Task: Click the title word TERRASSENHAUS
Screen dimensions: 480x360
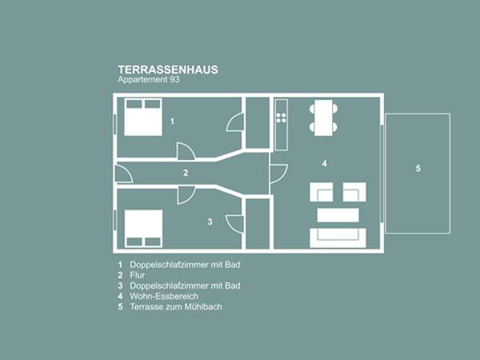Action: coord(168,70)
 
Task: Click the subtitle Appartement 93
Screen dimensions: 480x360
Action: coord(149,79)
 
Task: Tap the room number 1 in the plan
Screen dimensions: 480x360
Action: coord(172,122)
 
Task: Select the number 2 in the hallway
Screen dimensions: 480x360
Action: coord(186,173)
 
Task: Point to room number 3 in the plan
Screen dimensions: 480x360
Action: coord(210,222)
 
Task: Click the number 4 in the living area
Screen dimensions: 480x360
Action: coord(325,163)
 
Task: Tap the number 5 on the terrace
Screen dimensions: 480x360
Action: coord(418,168)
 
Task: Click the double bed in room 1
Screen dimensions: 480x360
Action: coord(143,117)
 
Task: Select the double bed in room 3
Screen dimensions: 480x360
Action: coord(143,228)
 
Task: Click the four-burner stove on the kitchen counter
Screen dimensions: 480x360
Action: coord(281,118)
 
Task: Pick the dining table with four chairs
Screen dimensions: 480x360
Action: coord(323,118)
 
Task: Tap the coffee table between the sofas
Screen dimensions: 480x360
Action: coord(338,215)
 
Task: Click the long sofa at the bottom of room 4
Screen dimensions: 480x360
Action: coord(338,238)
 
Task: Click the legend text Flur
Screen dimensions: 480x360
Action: coord(137,275)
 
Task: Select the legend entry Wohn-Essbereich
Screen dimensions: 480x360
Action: coord(164,296)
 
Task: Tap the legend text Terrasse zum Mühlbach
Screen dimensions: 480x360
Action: coord(176,306)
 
